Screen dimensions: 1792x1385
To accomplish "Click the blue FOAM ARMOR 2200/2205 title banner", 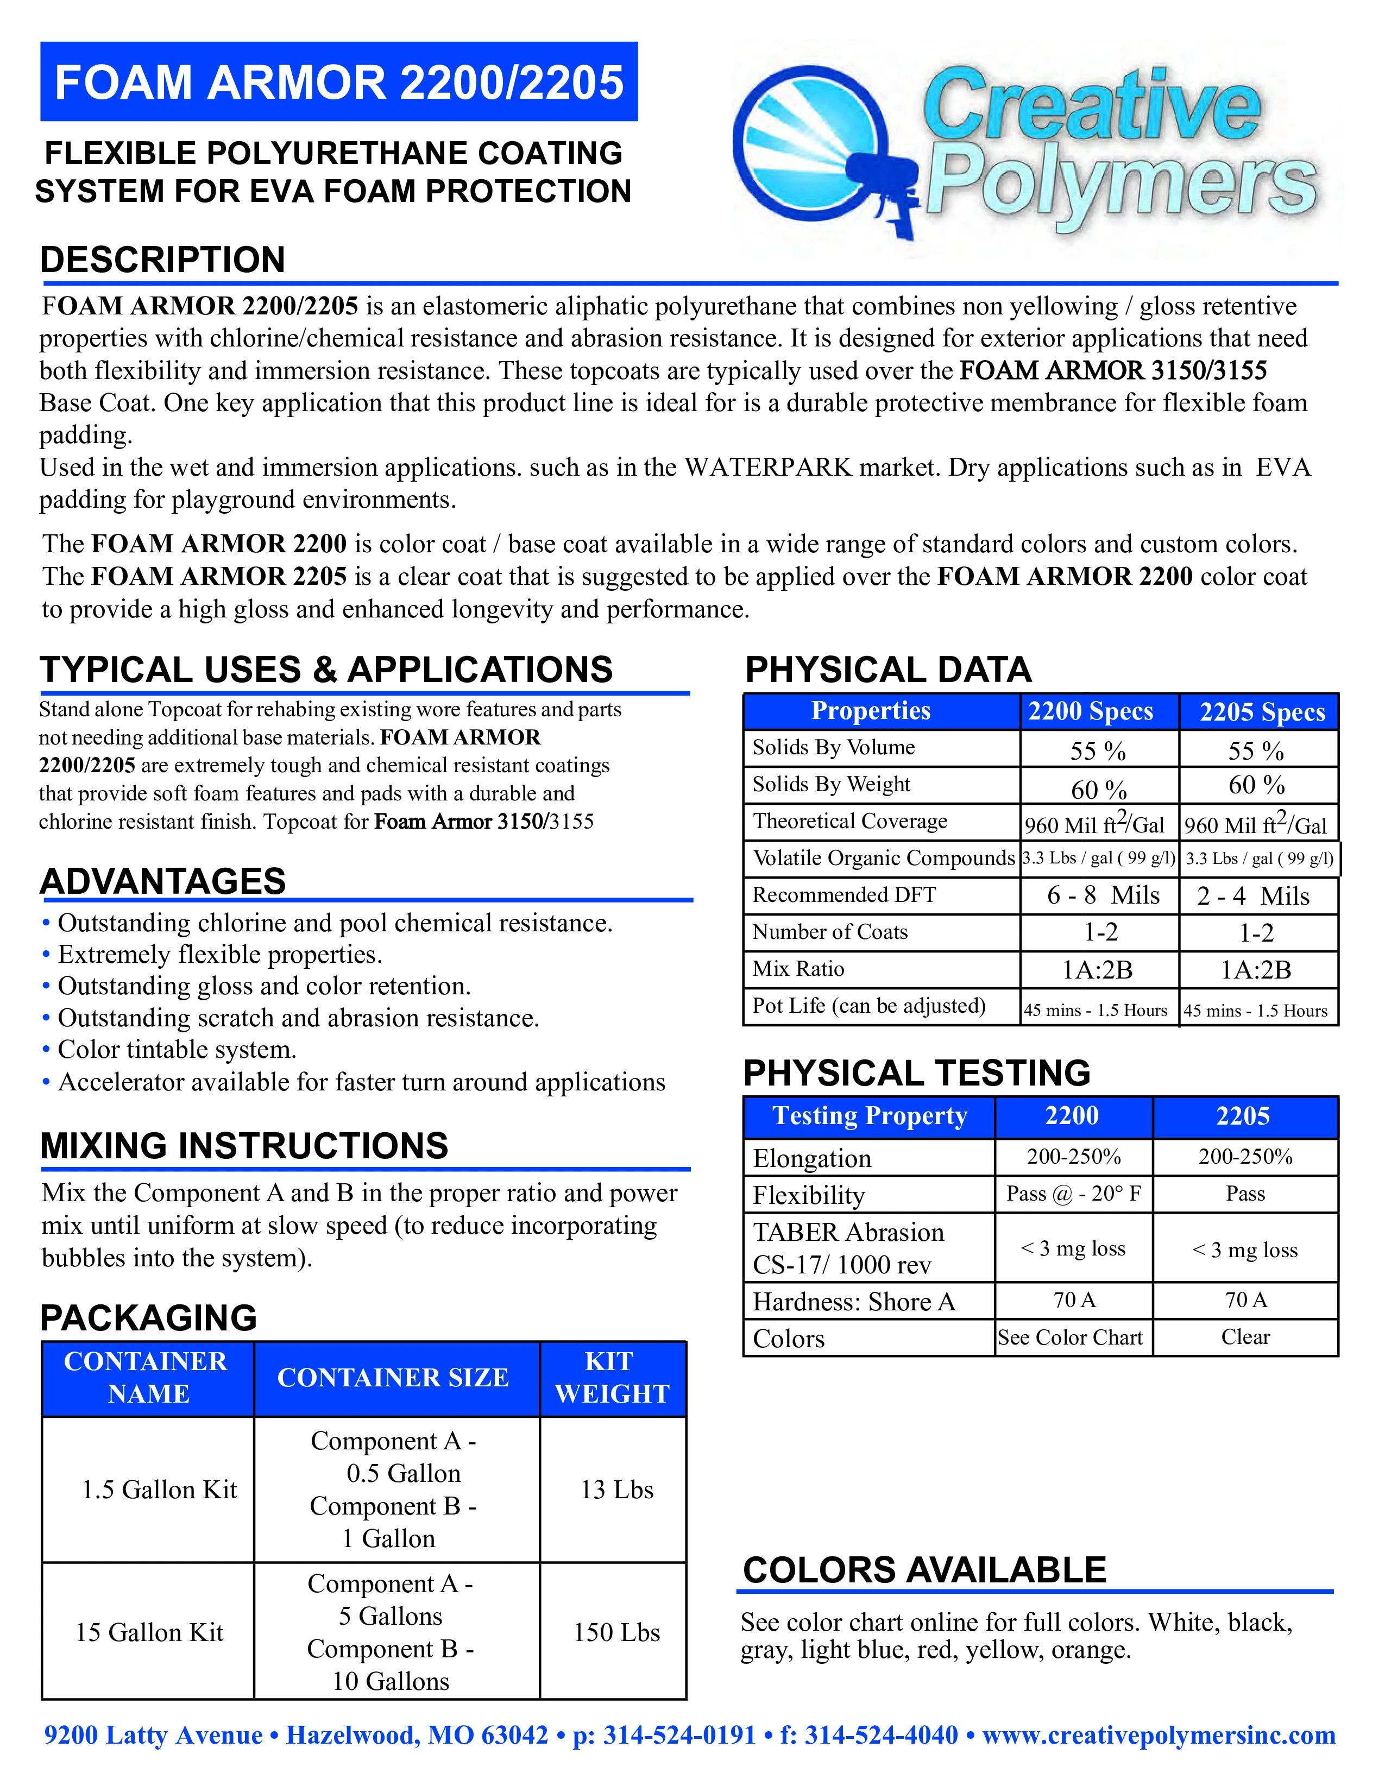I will click(x=339, y=82).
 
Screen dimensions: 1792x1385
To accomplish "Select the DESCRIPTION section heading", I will click(x=162, y=260).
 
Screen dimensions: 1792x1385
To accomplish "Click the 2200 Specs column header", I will click(x=1091, y=711).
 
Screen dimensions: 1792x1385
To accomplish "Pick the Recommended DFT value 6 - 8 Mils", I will click(x=1103, y=895).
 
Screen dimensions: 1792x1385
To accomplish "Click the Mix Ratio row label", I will click(x=798, y=969).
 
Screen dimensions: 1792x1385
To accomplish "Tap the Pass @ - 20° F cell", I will click(x=1073, y=1194).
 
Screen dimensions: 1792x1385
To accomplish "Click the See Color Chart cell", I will click(x=1070, y=1337).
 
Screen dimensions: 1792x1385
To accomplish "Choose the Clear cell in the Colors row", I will click(x=1245, y=1337).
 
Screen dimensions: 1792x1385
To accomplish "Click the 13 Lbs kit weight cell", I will click(x=617, y=1490).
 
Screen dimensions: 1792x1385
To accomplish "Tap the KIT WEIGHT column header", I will click(x=612, y=1378).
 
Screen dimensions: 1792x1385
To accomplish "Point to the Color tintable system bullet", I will click(x=177, y=1050).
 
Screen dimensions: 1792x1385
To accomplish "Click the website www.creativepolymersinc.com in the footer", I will click(x=1159, y=1736).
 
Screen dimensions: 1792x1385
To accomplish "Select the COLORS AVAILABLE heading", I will click(x=925, y=1570).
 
